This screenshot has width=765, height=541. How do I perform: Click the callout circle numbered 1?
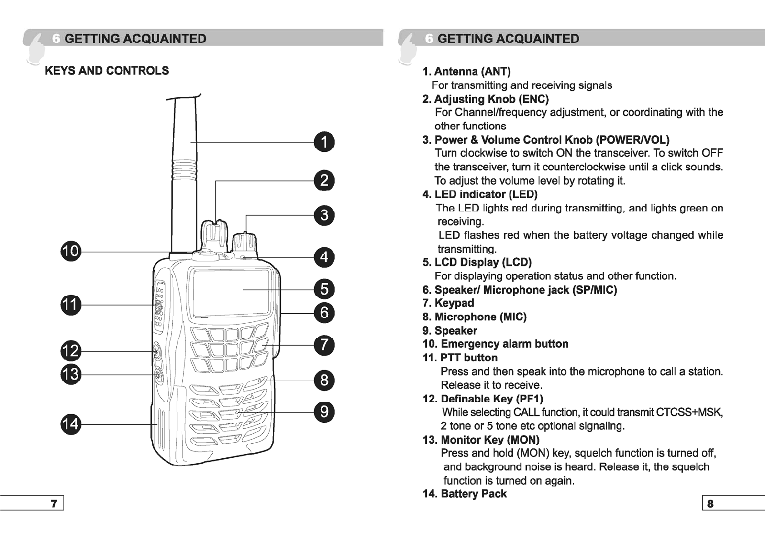tap(324, 142)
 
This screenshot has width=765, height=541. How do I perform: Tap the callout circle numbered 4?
tap(324, 257)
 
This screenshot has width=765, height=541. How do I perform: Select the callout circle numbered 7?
tap(324, 345)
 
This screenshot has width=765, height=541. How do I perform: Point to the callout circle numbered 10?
tap(70, 251)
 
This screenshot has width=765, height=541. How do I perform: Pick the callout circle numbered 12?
tap(70, 351)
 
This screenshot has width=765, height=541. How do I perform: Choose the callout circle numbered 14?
tap(70, 424)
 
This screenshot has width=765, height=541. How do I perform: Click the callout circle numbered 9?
tap(324, 412)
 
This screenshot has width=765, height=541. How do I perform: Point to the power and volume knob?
tap(245, 243)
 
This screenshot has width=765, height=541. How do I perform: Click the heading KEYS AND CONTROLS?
tap(107, 71)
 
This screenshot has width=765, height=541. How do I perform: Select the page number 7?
tap(54, 503)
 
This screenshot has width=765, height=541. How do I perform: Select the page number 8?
tap(710, 503)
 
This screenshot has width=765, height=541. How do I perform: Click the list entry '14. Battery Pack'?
tap(465, 494)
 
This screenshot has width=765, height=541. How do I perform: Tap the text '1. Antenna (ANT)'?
tap(466, 71)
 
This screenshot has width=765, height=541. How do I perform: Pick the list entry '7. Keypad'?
tap(448, 303)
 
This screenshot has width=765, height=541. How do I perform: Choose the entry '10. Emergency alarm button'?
tap(495, 344)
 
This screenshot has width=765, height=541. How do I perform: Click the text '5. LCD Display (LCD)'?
tap(477, 262)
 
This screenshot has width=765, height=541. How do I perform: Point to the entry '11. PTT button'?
tap(460, 358)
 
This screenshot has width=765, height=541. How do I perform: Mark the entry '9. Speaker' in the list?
tap(450, 331)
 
